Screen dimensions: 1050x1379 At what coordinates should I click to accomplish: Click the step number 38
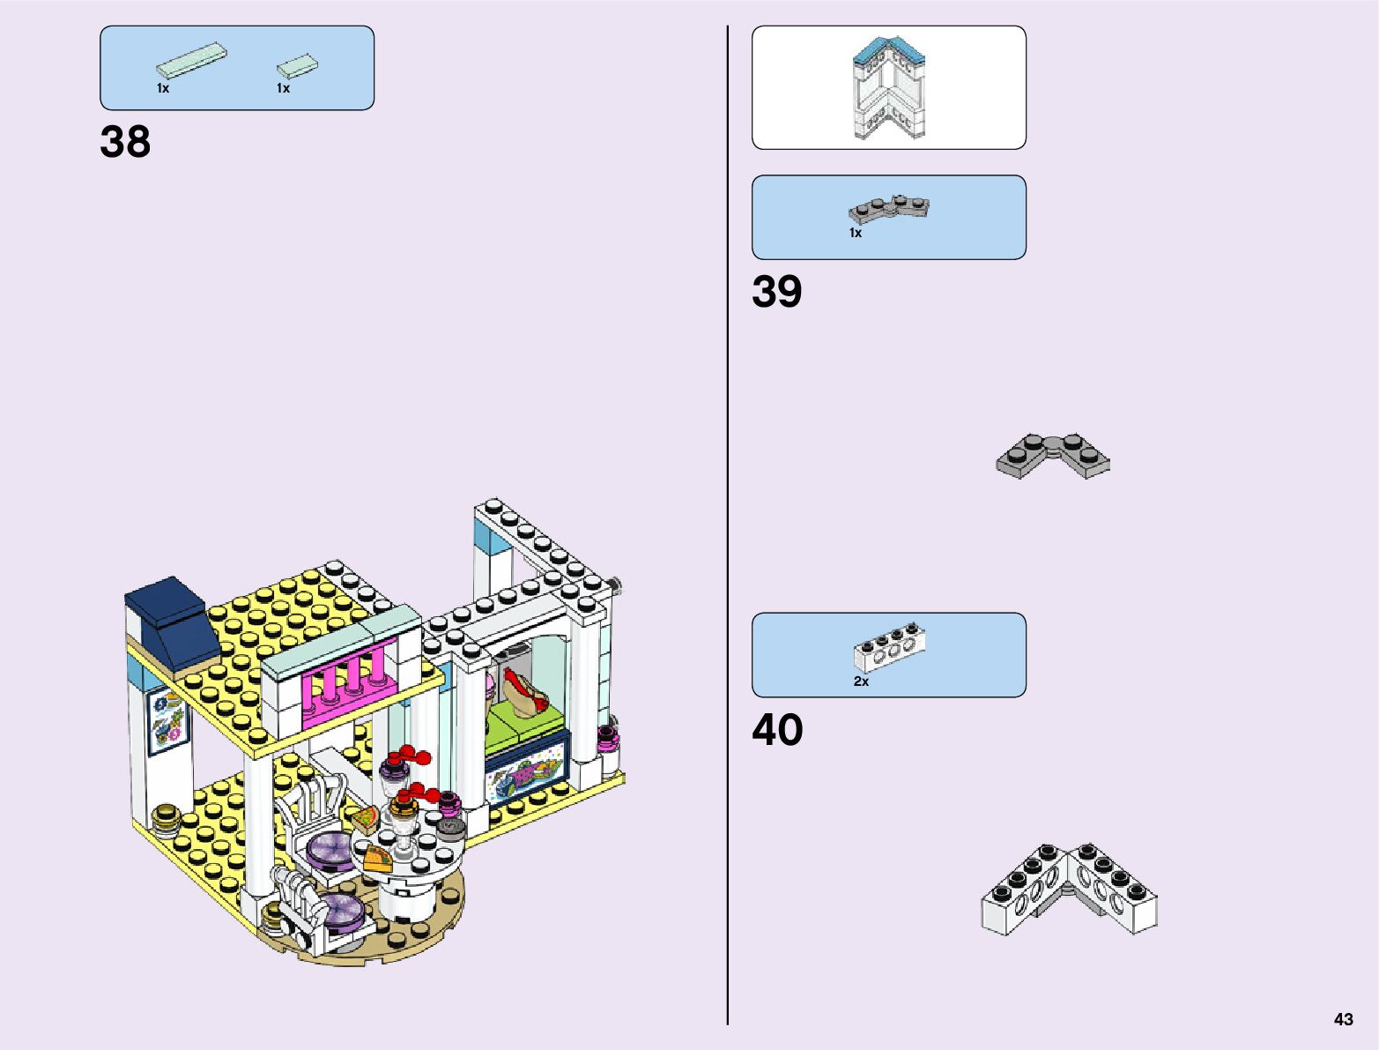[125, 142]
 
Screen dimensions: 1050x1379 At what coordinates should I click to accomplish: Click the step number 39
[776, 292]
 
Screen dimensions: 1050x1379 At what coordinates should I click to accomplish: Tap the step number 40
[777, 730]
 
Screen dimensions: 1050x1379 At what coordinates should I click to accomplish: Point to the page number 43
[1343, 1020]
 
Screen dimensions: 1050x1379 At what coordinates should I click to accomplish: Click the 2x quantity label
[861, 681]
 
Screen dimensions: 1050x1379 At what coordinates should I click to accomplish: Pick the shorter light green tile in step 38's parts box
[297, 65]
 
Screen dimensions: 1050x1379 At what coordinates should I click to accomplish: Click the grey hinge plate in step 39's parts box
[889, 209]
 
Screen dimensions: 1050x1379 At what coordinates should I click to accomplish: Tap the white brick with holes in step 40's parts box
[888, 646]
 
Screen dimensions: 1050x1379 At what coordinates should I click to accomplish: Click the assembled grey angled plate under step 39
[1053, 455]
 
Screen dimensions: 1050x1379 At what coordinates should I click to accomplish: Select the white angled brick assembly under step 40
[1069, 888]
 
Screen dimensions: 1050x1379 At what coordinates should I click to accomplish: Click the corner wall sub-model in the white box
[888, 88]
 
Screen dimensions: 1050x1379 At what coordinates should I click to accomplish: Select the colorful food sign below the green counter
[523, 773]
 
